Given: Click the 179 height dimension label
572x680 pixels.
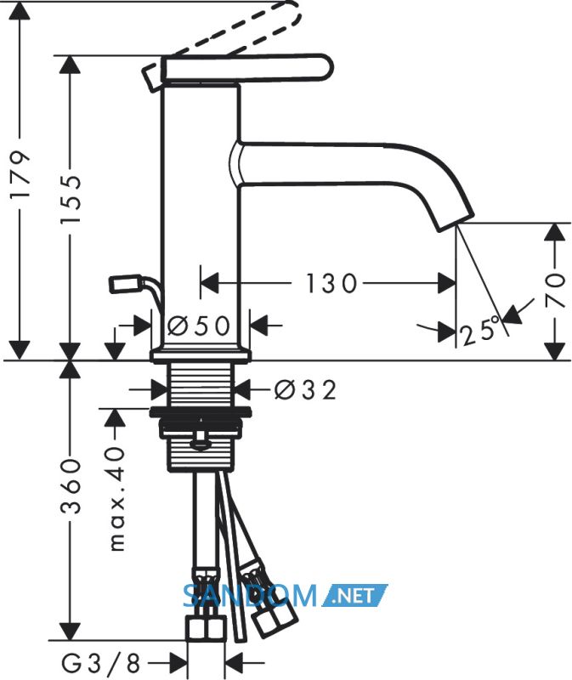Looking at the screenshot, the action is [20, 174].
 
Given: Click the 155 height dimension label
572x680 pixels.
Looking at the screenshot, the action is [71, 199].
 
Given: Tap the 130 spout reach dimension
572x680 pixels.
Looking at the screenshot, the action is [331, 283].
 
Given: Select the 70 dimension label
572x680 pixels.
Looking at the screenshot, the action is [556, 290].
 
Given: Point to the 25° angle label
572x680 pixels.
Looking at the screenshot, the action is [480, 331].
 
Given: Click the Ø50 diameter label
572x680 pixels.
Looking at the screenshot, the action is [199, 326].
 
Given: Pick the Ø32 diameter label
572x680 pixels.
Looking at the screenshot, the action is [305, 389].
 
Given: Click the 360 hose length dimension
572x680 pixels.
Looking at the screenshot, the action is [71, 485].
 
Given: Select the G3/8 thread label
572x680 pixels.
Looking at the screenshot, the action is [100, 663].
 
